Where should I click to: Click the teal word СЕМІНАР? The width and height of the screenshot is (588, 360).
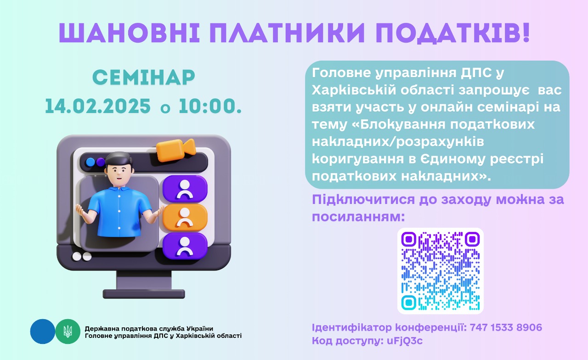[x=144, y=77]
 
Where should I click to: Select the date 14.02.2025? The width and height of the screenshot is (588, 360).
[x=98, y=106]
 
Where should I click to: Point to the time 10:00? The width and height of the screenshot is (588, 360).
[x=210, y=106]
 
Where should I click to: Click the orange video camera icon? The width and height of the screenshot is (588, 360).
[x=176, y=150]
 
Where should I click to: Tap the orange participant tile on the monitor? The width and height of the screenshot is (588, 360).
[x=185, y=217]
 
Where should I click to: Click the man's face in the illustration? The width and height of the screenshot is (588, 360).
[x=119, y=173]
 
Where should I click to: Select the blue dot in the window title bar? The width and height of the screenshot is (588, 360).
[x=90, y=162]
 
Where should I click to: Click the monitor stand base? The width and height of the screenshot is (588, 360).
[x=144, y=294]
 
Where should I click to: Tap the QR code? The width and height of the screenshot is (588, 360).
[x=440, y=271]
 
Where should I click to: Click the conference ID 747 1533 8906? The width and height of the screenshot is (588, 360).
[x=506, y=327]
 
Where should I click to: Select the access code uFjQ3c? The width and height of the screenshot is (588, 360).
[x=405, y=341]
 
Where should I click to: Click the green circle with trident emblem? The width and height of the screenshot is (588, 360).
[x=68, y=332]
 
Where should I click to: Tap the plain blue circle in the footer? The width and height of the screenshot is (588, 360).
[x=43, y=332]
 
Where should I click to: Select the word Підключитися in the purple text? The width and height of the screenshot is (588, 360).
[x=363, y=200]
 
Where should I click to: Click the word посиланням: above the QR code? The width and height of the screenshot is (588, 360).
[x=358, y=217]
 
